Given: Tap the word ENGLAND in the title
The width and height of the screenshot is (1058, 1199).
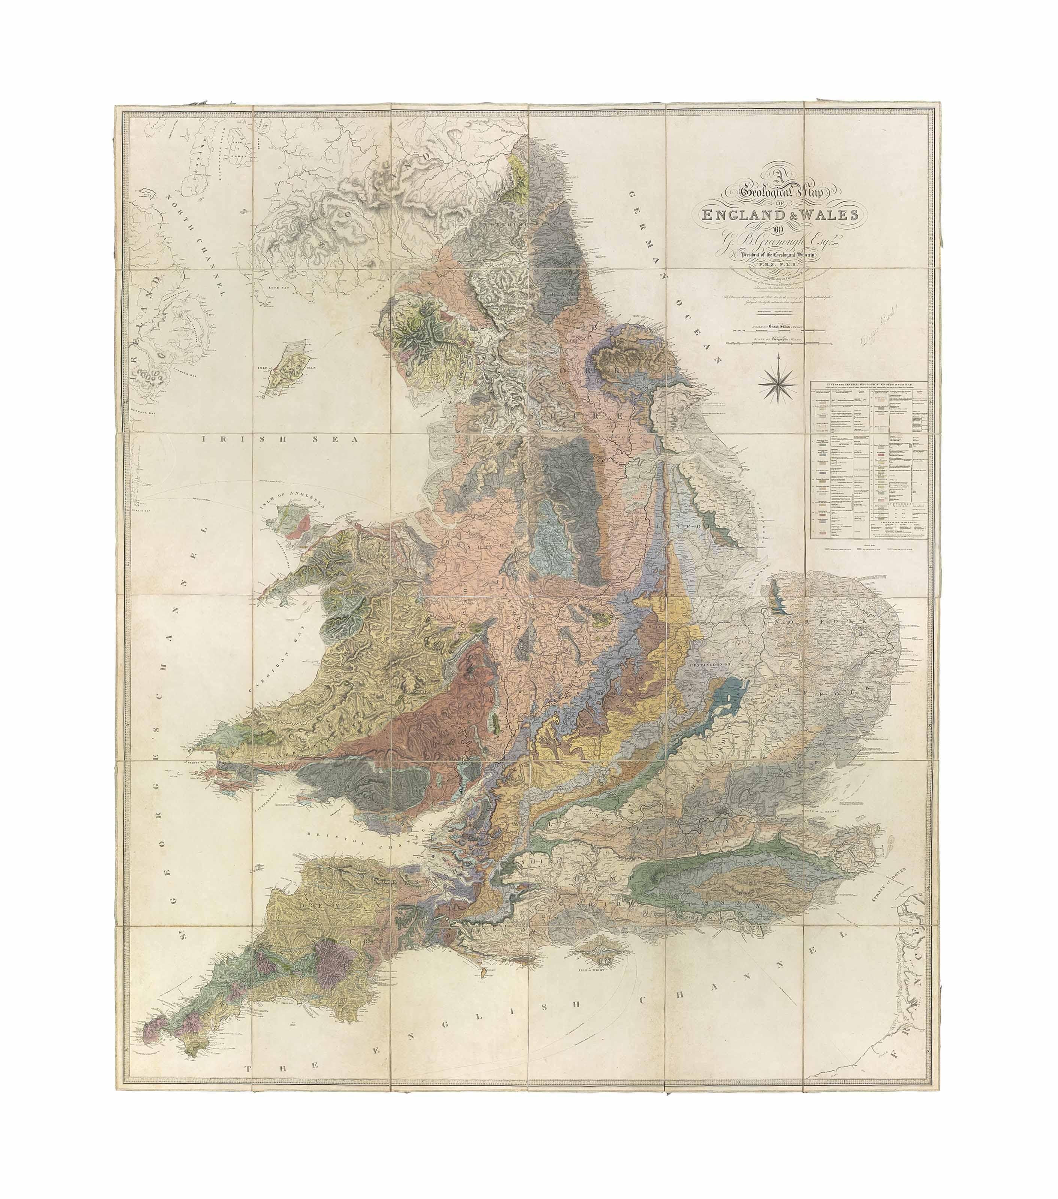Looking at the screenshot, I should click(x=742, y=215).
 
